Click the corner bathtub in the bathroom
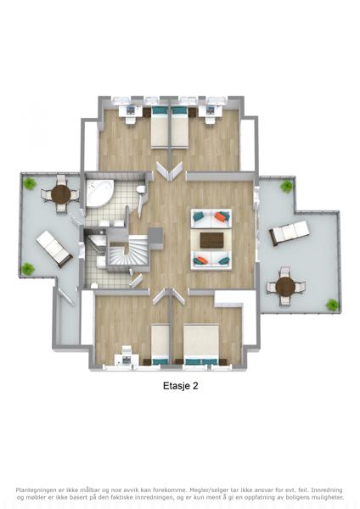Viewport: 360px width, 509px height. pyautogui.click(x=99, y=193)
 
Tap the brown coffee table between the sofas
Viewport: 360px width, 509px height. pyautogui.click(x=211, y=240)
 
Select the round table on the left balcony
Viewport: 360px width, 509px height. pyautogui.click(x=61, y=194)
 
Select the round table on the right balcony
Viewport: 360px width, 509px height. pyautogui.click(x=285, y=287)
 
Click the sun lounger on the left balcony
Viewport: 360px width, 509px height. pyautogui.click(x=54, y=249)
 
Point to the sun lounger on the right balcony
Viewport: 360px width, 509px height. pyautogui.click(x=289, y=232)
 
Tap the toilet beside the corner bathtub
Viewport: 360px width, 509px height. pyautogui.click(x=141, y=189)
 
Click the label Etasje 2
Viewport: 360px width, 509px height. pyautogui.click(x=181, y=386)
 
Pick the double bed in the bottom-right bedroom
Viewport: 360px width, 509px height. pyautogui.click(x=201, y=344)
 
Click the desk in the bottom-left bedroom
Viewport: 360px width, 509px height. pyautogui.click(x=127, y=360)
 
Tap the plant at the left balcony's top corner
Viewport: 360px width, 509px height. pyautogui.click(x=30, y=184)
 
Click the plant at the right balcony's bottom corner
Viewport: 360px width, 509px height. pyautogui.click(x=332, y=305)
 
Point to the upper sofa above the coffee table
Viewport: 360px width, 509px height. pyautogui.click(x=211, y=219)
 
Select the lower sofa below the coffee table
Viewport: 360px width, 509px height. pyautogui.click(x=211, y=260)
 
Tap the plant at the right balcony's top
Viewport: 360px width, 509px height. pyautogui.click(x=287, y=187)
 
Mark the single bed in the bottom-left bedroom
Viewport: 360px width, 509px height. pyautogui.click(x=160, y=345)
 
